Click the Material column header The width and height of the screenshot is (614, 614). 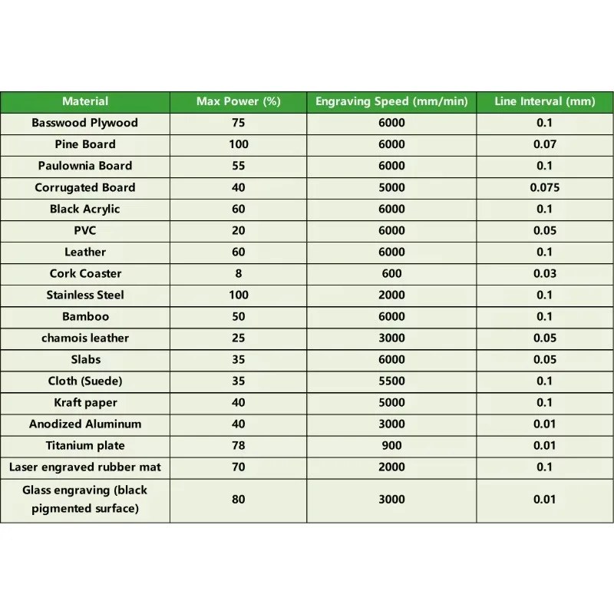[85, 101]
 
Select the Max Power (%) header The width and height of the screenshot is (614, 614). [238, 101]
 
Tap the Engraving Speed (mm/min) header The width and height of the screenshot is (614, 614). [391, 101]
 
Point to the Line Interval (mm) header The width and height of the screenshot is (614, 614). [544, 101]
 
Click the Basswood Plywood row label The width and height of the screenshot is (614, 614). [85, 123]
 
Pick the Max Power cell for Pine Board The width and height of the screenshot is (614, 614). [238, 144]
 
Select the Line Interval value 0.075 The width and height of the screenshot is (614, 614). [544, 187]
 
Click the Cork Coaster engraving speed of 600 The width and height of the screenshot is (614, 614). [391, 273]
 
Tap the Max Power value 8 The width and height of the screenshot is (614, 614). [238, 273]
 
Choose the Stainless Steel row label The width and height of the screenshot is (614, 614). [85, 295]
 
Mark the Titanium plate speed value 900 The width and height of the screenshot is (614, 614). [391, 445]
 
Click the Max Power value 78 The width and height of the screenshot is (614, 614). [238, 445]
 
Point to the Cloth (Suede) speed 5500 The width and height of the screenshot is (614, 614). [391, 381]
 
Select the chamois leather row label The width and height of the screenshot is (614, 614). [85, 338]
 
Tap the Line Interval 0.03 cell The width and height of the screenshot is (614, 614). [544, 273]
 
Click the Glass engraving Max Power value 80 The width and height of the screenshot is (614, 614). [238, 500]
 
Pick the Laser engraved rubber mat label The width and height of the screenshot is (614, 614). [85, 467]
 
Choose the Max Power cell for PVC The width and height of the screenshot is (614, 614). [238, 230]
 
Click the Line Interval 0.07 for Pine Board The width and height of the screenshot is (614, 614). [544, 144]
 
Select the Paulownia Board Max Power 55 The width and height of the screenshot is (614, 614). [238, 166]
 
